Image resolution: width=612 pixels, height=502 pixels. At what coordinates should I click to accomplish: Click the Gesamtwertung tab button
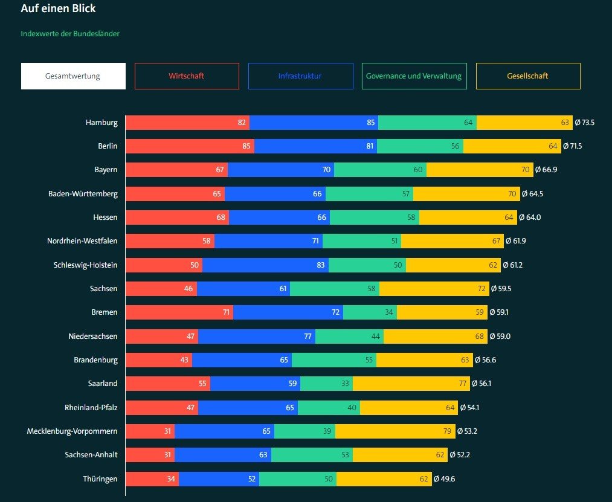coord(73,76)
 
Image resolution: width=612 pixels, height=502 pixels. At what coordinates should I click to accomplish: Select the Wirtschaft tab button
coord(187,76)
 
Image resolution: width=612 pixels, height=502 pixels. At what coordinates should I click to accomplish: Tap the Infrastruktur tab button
coord(300,76)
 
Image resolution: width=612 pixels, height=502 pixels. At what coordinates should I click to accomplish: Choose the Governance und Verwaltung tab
coord(414,76)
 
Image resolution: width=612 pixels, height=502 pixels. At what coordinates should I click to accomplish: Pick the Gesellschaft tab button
coord(528,76)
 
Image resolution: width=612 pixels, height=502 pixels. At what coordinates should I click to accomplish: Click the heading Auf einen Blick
coord(58,8)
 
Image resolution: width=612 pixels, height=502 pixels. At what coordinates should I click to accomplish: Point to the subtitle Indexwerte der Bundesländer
coord(70,34)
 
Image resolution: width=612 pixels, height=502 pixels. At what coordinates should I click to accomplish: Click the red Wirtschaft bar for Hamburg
coord(187,123)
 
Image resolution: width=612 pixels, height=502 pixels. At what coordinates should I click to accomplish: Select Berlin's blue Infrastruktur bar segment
coord(315,146)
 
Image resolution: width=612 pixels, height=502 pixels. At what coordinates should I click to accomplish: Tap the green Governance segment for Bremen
coord(370,312)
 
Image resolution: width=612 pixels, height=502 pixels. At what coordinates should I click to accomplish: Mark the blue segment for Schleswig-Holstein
coord(265,265)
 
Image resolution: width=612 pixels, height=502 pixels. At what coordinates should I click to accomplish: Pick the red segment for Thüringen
coord(152,479)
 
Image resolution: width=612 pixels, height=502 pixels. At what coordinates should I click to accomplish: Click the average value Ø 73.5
coord(585,123)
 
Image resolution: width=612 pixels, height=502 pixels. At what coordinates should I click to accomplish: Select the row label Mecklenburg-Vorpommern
coord(72,431)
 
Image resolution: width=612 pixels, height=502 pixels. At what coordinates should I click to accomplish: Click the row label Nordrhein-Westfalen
coord(82,241)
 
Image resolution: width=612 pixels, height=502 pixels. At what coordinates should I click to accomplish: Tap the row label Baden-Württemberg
coord(83,194)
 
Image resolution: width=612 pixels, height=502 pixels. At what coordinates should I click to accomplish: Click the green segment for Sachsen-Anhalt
coord(312,455)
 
